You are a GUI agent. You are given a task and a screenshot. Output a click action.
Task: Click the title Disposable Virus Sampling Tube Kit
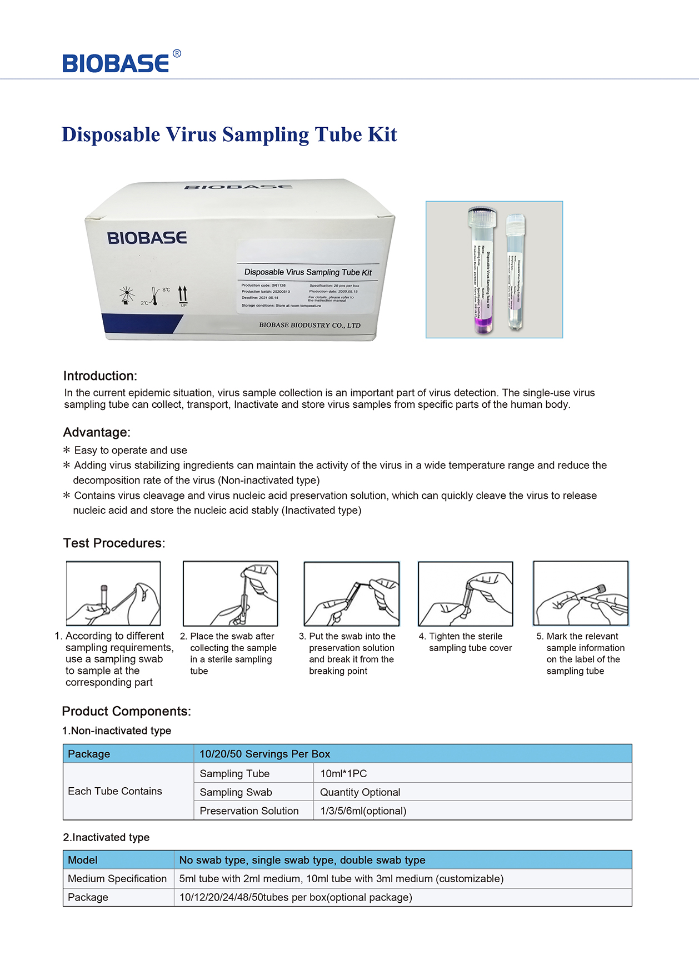(x=229, y=134)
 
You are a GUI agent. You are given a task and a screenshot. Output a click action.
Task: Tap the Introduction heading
(x=100, y=376)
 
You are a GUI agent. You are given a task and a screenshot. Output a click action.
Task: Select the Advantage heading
(x=97, y=432)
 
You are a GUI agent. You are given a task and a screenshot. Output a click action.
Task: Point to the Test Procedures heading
(x=114, y=543)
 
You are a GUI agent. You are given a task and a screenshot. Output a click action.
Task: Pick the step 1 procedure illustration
(x=113, y=593)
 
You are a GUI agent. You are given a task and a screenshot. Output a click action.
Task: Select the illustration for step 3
(x=352, y=593)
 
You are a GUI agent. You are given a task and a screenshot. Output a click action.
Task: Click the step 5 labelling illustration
(x=581, y=593)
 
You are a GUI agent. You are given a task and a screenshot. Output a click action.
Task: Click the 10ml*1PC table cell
(x=343, y=773)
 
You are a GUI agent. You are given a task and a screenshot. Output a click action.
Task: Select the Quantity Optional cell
(x=360, y=792)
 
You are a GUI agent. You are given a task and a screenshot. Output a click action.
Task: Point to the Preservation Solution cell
(x=249, y=811)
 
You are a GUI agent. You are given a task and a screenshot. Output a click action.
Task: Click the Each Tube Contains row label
(x=115, y=791)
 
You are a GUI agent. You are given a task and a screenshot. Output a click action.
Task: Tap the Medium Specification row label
(x=117, y=878)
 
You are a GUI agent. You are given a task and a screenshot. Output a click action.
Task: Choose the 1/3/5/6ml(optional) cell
(x=363, y=811)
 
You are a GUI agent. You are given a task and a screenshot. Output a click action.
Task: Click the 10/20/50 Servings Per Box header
(x=264, y=754)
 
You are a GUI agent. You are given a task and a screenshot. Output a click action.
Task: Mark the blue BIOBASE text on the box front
(x=147, y=238)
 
